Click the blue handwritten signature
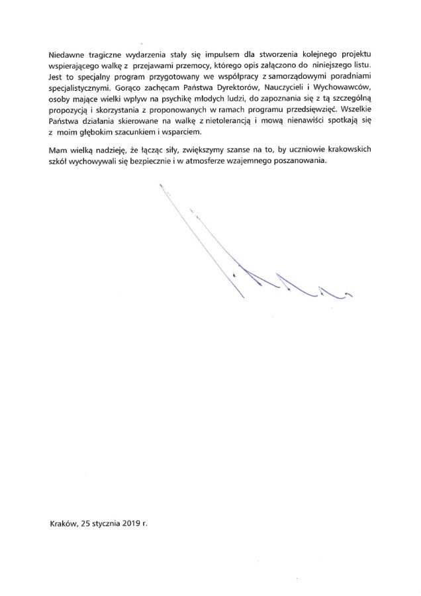click(252, 265)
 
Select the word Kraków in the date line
click(63, 522)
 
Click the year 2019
click(136, 522)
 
